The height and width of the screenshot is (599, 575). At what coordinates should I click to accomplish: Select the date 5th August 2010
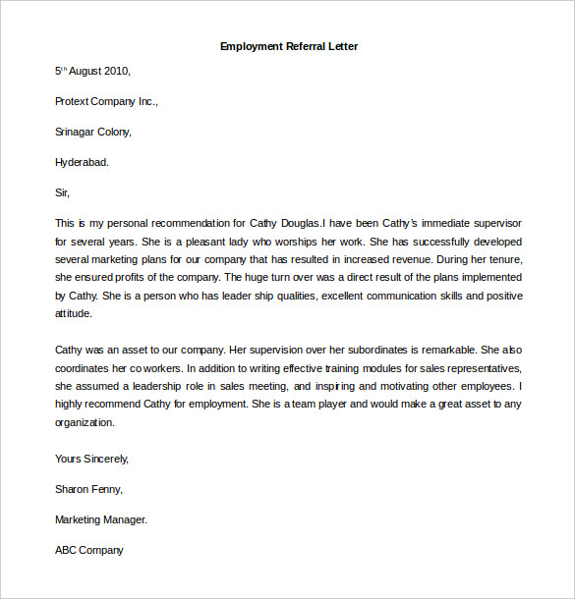[92, 71]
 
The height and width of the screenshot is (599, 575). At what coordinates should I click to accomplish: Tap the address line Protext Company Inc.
[106, 101]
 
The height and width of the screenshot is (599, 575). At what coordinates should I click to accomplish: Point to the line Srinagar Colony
[93, 132]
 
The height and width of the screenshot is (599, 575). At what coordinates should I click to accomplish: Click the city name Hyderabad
[83, 162]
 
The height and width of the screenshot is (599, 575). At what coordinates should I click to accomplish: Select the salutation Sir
[63, 192]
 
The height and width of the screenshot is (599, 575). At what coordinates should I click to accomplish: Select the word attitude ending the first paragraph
[74, 314]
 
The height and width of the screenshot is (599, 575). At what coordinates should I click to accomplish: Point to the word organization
[86, 422]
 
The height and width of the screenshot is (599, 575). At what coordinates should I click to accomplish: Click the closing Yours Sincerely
[91, 459]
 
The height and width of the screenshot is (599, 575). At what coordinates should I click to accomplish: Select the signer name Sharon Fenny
[88, 489]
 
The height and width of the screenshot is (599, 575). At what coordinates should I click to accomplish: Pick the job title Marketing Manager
[101, 519]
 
